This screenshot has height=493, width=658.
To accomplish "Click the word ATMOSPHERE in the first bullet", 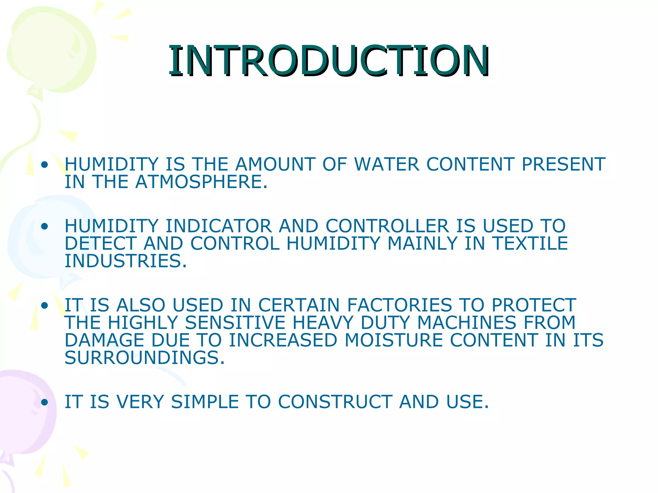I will point(201,182).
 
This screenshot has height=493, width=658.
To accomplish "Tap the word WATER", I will point(387,164).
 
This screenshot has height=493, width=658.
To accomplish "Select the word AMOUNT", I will point(275,164).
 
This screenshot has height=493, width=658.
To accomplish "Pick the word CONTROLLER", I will point(387,226).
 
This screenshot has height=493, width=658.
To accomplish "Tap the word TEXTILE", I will point(530,243).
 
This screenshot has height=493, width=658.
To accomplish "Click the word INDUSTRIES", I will point(126,261).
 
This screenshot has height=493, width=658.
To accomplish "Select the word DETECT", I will point(101,243).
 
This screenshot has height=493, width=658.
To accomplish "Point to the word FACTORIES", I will point(400,305).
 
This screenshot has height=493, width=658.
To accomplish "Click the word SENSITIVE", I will point(235,323).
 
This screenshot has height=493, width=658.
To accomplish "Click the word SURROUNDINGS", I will point(145,358).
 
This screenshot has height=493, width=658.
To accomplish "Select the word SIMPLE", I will point(205,402).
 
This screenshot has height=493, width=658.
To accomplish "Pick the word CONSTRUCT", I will point(335,402).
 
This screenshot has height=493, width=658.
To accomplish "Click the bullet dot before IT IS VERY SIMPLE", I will point(45,402).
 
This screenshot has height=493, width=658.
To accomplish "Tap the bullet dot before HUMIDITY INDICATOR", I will point(45,227).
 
